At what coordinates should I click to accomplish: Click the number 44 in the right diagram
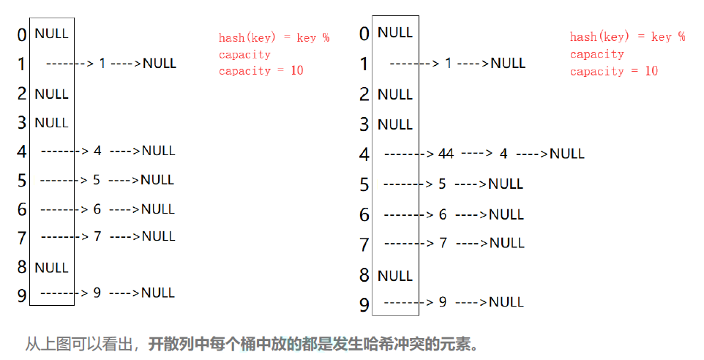click(446, 154)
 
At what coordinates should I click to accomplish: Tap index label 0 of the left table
click(22, 34)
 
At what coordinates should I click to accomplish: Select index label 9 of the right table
click(364, 304)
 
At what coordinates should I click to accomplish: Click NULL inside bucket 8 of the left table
click(51, 267)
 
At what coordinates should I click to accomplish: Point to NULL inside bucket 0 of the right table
click(395, 32)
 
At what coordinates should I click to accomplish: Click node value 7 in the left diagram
click(97, 236)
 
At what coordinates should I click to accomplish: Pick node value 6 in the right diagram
click(442, 214)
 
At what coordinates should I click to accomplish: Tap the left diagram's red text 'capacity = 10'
click(261, 70)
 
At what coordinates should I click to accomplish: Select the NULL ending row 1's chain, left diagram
click(160, 63)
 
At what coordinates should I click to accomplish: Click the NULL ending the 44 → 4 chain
click(567, 154)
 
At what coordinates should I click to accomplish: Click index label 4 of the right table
click(364, 154)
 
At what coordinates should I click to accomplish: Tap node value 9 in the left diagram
click(97, 293)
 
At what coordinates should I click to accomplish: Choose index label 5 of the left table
click(22, 180)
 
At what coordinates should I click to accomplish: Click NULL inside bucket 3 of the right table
click(395, 124)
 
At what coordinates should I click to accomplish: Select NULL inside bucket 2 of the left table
click(51, 94)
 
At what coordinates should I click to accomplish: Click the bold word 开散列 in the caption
click(168, 343)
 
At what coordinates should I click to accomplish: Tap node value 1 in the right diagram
click(449, 63)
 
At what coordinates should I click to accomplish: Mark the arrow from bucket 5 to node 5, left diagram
click(63, 180)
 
